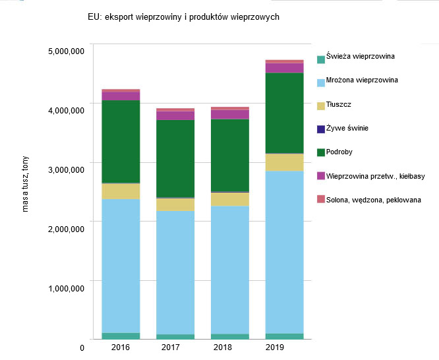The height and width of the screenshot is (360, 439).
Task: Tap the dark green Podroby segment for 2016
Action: tap(121, 141)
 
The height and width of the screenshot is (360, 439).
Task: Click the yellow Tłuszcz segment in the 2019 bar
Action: tap(284, 162)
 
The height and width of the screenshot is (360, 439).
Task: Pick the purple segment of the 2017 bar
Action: tap(175, 115)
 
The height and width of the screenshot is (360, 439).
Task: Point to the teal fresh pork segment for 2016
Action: tap(121, 336)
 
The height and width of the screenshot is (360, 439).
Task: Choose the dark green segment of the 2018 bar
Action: tap(230, 155)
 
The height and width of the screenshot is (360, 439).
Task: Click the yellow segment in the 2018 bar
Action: tap(230, 199)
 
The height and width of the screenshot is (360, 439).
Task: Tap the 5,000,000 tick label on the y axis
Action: tap(65, 51)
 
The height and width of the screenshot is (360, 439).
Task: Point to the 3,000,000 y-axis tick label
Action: tap(65, 170)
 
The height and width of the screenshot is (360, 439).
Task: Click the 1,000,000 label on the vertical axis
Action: tap(65, 289)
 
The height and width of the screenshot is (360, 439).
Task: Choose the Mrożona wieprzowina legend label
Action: tap(362, 80)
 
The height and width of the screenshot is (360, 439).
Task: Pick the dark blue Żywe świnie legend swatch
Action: tap(321, 129)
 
